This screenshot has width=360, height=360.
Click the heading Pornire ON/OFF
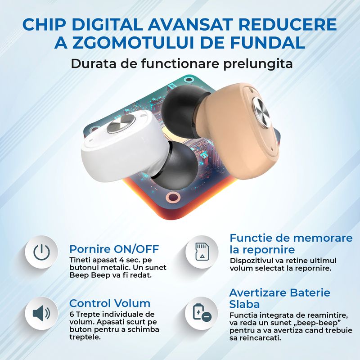coord(114,249)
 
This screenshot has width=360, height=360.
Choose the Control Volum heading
coord(110,303)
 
